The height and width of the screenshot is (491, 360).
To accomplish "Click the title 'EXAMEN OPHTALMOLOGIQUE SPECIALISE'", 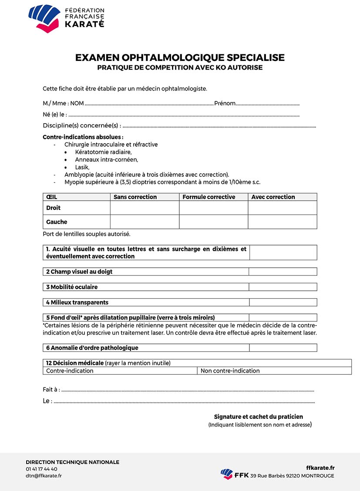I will point(180,57).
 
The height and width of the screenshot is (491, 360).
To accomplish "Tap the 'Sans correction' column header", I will point(135,197).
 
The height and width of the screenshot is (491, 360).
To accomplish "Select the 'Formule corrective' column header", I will point(209,197).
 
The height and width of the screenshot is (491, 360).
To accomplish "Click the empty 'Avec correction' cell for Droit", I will point(282,208).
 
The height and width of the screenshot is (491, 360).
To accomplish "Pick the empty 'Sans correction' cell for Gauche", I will point(145,222).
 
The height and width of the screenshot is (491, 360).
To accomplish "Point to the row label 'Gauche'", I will point(57,222).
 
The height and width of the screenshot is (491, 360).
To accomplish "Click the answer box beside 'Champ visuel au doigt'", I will point(283,272).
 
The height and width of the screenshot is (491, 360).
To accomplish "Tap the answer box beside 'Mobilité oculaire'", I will point(283,287).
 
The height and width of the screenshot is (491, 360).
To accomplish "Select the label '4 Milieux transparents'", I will point(77,303).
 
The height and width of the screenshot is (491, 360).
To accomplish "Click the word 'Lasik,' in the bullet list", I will point(82,167).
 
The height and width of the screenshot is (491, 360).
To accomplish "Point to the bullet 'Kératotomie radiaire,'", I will point(103,152).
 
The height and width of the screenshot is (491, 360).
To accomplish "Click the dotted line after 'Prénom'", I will point(268,104).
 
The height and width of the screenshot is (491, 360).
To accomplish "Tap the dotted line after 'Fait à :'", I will point(187,390).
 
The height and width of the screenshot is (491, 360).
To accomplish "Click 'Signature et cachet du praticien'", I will point(259,417).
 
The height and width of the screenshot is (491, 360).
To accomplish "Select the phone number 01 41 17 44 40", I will point(41,469).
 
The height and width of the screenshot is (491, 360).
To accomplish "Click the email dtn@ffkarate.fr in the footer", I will point(44,476).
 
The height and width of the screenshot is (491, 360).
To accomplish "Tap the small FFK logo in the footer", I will point(227,474).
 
